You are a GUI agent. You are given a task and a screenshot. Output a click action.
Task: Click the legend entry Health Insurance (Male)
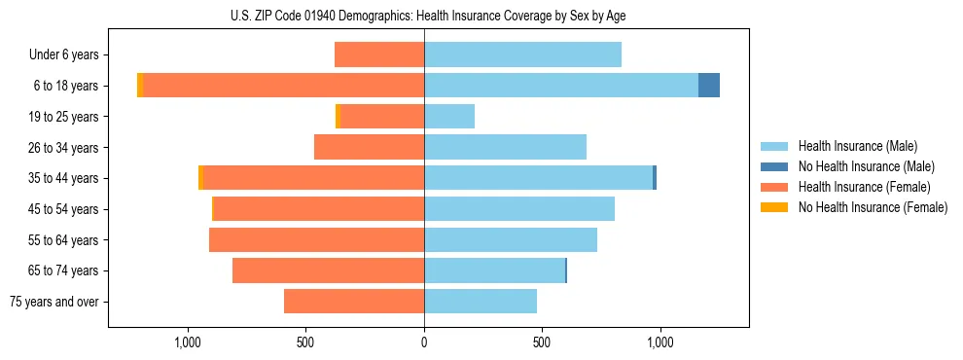[x=857, y=146]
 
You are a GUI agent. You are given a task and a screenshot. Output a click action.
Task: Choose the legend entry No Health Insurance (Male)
[x=866, y=166]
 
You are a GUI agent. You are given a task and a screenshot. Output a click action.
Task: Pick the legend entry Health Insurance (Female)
[x=864, y=187]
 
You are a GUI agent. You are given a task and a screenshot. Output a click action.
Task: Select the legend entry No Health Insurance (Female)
[x=873, y=207]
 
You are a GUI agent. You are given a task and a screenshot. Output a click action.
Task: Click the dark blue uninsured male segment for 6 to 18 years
[x=709, y=86]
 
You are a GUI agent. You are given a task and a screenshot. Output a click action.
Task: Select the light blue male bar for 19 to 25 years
[x=449, y=117]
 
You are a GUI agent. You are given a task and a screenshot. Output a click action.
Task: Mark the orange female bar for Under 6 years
[x=379, y=55]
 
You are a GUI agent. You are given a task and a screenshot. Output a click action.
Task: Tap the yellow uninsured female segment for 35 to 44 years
[x=201, y=178]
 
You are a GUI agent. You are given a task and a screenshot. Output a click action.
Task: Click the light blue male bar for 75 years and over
[x=481, y=302]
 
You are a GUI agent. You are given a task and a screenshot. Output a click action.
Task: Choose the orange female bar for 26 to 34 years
[x=370, y=147]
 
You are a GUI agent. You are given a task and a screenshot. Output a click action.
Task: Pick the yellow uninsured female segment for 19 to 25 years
[x=338, y=117]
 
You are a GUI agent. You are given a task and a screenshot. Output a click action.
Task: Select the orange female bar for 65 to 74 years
[x=329, y=270]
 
